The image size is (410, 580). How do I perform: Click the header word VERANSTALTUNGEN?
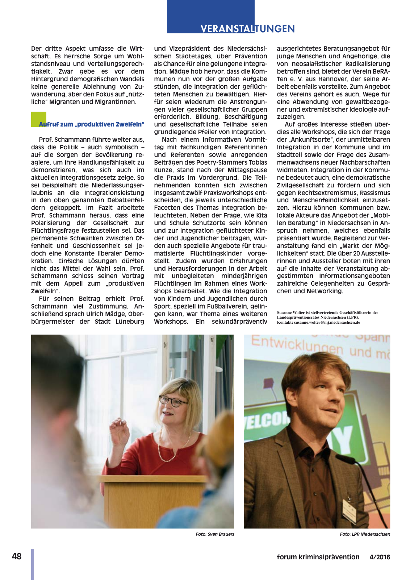tap(248, 29)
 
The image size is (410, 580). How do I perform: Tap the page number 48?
tap(17, 556)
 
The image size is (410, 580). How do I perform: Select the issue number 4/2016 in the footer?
tap(380, 557)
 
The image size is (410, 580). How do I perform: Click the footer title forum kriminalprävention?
tap(318, 557)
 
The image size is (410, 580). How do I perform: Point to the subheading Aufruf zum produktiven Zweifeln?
tap(91, 124)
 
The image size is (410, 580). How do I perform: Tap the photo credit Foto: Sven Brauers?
tap(215, 534)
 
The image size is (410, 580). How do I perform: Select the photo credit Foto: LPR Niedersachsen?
tap(365, 534)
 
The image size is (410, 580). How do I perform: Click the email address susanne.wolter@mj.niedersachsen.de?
tap(327, 322)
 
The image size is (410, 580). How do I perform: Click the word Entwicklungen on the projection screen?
tap(297, 345)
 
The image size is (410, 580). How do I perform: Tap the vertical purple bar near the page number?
tap(33, 564)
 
